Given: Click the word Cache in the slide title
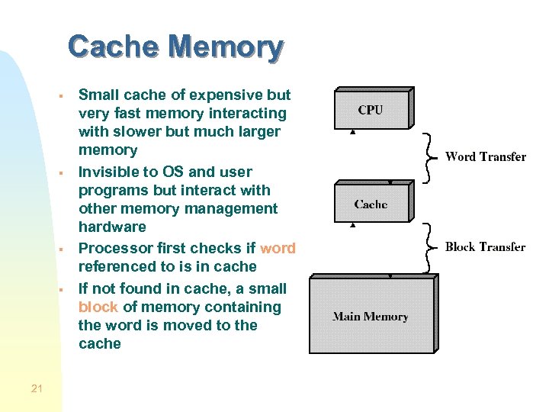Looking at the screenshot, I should [x=113, y=47].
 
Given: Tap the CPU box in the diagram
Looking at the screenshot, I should [x=371, y=110].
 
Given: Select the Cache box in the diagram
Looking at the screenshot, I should [x=371, y=204].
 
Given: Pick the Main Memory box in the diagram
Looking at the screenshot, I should [x=371, y=316].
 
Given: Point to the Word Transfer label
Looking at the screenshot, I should [x=485, y=157].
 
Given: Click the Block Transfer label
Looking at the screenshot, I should [x=485, y=246].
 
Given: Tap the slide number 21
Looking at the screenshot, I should [x=37, y=389].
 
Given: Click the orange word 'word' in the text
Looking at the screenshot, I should [x=278, y=248].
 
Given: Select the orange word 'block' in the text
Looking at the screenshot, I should [x=98, y=307].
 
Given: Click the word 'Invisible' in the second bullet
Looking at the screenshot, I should [x=111, y=172].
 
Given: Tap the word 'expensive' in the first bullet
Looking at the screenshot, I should [x=226, y=95].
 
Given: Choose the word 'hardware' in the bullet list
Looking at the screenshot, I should [x=112, y=227].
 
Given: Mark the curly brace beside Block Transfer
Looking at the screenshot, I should [x=432, y=247].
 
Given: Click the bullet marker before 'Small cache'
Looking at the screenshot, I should [x=60, y=97].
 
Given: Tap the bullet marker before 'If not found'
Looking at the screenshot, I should [x=60, y=290].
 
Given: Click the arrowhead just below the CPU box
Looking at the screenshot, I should [x=352, y=131].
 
